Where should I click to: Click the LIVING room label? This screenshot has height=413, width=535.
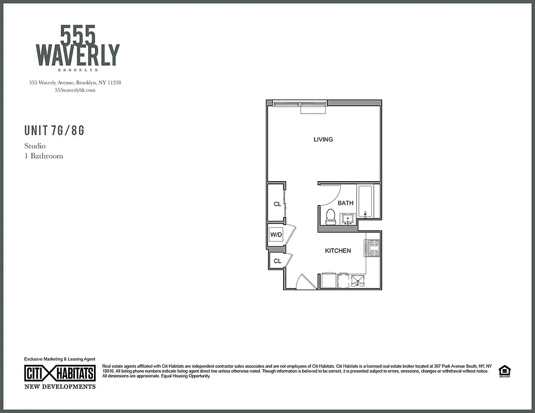pyautogui.click(x=323, y=139)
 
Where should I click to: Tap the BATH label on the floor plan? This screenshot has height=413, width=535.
pyautogui.click(x=345, y=203)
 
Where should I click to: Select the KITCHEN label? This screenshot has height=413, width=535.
pyautogui.click(x=338, y=251)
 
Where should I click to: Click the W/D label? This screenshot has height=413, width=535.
pyautogui.click(x=276, y=235)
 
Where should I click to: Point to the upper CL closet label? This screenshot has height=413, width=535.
pyautogui.click(x=277, y=204)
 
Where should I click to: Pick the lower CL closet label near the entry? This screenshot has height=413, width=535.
pyautogui.click(x=277, y=261)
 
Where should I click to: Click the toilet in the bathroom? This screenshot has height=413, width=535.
pyautogui.click(x=331, y=217)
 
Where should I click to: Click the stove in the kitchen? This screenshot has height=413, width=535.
pyautogui.click(x=373, y=248)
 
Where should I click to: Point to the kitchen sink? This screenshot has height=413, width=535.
pyautogui.click(x=358, y=281)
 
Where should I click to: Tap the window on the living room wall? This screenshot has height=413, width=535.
pyautogui.click(x=300, y=105)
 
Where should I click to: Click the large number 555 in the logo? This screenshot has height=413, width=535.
pyautogui.click(x=78, y=35)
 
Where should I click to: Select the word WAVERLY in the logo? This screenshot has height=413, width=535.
pyautogui.click(x=77, y=55)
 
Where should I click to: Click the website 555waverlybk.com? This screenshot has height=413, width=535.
pyautogui.click(x=75, y=90)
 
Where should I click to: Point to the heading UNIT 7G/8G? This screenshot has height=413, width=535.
pyautogui.click(x=54, y=131)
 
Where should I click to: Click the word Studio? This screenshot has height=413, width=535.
pyautogui.click(x=35, y=146)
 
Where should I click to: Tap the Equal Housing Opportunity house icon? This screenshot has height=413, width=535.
pyautogui.click(x=503, y=371)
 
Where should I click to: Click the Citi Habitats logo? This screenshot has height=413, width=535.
pyautogui.click(x=60, y=373)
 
